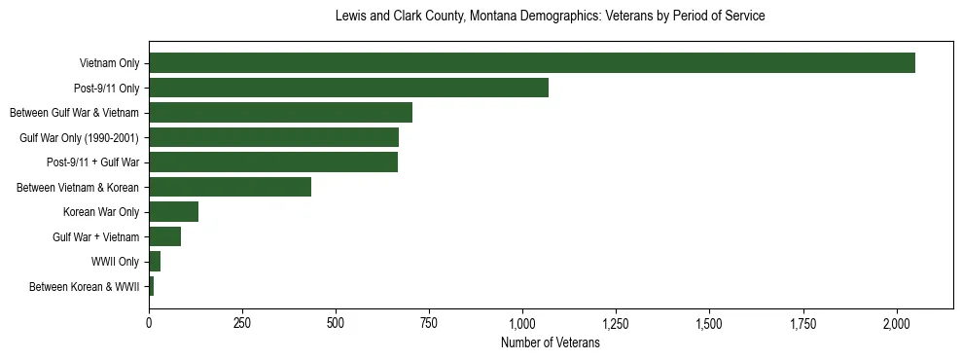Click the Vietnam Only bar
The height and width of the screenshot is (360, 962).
click(x=531, y=63)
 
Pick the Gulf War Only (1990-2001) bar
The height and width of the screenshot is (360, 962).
click(x=273, y=137)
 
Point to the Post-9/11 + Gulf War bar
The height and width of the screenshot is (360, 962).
click(x=272, y=162)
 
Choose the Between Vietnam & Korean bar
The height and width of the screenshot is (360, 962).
click(x=230, y=187)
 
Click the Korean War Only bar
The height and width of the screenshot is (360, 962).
click(x=173, y=212)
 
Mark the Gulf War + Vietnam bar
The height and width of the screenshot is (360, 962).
click(x=164, y=236)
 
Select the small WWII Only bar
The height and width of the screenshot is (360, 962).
click(x=155, y=262)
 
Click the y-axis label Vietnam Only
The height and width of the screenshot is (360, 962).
click(x=109, y=64)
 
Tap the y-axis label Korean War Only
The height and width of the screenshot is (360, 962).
click(x=101, y=212)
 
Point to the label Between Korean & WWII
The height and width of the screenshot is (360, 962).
click(x=84, y=287)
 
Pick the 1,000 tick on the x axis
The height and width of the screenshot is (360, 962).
click(x=523, y=322)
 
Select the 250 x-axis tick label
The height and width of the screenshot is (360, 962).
click(x=242, y=322)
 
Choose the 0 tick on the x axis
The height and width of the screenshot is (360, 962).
click(x=149, y=322)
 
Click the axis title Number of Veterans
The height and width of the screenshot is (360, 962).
click(x=550, y=343)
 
